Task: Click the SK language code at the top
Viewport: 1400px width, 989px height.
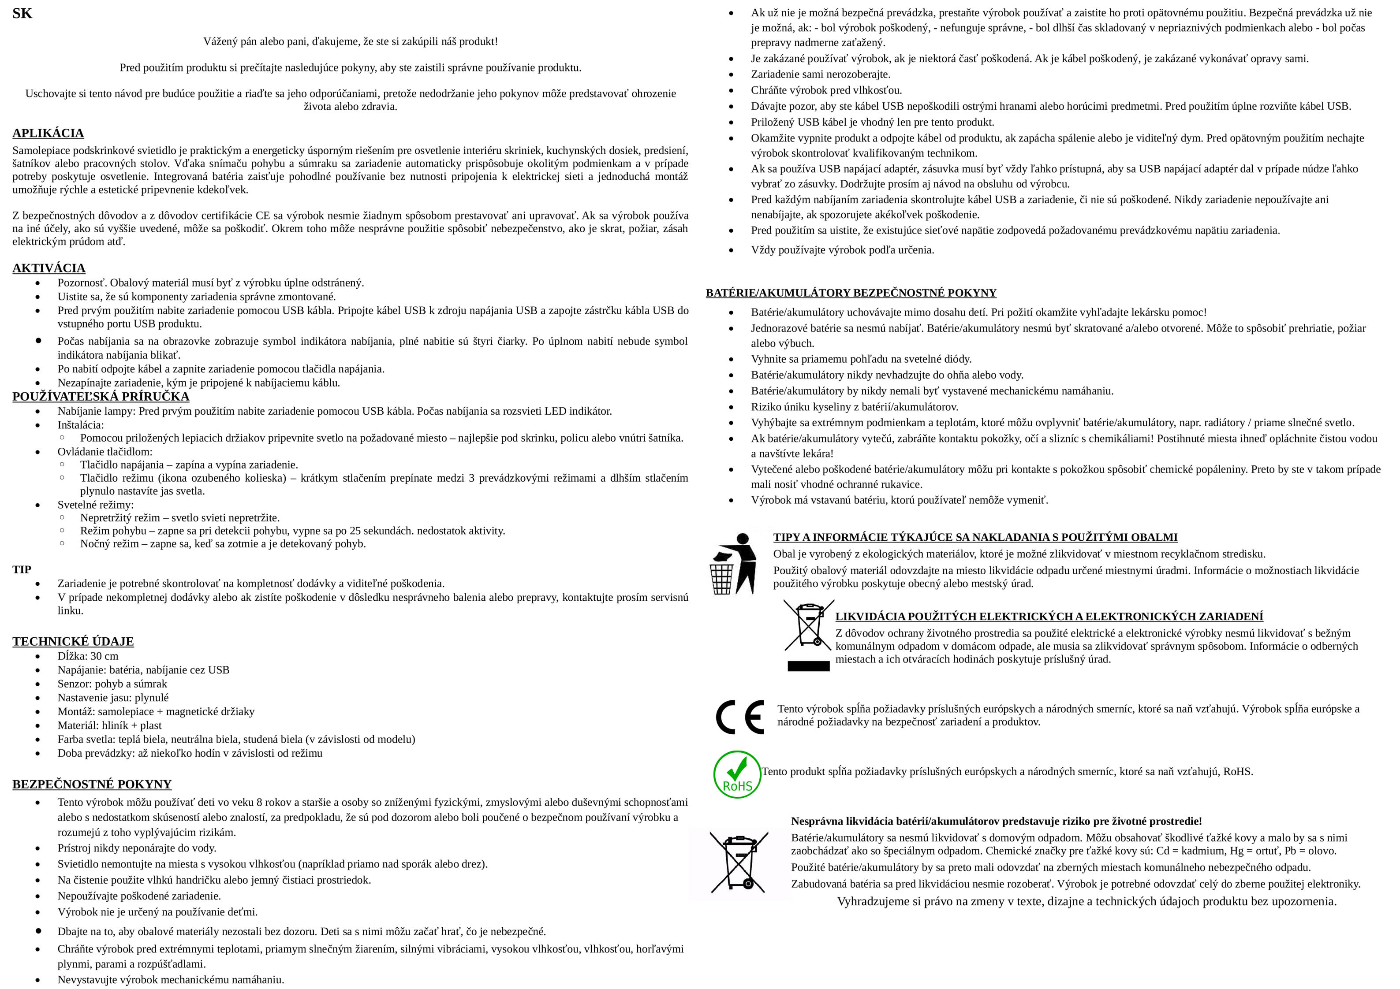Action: click(22, 13)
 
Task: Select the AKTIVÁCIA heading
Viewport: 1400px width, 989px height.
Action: click(49, 268)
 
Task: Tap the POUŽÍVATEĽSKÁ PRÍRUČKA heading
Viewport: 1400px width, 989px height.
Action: click(101, 397)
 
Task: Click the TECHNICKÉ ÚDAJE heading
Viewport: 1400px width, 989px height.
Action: click(73, 642)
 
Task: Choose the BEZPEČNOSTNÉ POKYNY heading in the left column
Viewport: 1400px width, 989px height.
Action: click(92, 784)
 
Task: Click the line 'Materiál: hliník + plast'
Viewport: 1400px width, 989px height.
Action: click(110, 725)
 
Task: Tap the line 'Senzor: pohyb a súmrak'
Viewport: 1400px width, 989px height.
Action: click(112, 684)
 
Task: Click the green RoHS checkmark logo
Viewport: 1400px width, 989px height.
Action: click(737, 774)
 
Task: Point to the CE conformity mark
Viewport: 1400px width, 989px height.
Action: click(739, 717)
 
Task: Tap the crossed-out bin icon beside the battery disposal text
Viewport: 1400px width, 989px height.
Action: click(739, 862)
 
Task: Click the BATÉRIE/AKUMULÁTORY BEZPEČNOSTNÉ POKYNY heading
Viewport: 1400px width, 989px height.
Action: click(851, 293)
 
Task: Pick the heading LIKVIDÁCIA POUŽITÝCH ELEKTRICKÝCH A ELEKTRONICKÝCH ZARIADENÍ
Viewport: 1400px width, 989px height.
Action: click(1049, 617)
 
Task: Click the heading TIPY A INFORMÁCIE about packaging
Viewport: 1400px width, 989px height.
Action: click(975, 537)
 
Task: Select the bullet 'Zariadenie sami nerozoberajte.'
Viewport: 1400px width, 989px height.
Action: click(821, 74)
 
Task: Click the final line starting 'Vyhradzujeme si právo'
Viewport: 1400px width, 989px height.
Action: click(1086, 902)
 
